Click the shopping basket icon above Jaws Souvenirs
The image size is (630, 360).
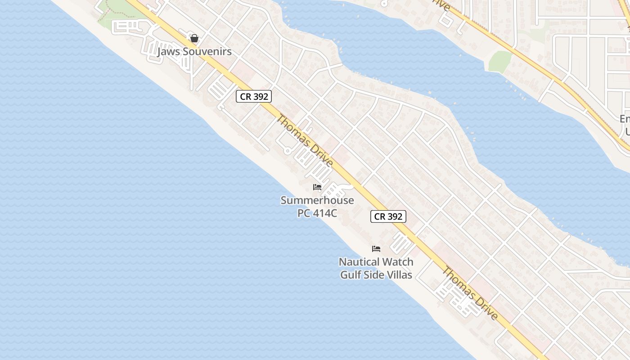pos(194,38)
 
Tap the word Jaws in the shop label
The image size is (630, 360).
pos(167,51)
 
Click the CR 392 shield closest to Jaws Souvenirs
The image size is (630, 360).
pos(254,96)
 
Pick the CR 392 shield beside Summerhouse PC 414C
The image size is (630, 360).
pos(388,216)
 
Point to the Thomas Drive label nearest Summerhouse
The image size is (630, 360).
pos(304,140)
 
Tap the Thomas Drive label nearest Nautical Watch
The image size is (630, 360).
pos(470,293)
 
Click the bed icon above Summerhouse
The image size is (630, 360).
pos(317,187)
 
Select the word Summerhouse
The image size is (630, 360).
pos(317,200)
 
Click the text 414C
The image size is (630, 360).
pos(324,213)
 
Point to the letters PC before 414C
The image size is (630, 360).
pos(304,213)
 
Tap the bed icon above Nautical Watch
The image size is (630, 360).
pos(376,248)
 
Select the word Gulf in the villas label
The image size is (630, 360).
pos(349,274)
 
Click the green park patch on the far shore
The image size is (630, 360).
pos(499,61)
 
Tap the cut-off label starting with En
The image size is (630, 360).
pos(625,119)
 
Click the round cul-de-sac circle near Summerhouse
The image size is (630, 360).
pos(288,151)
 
